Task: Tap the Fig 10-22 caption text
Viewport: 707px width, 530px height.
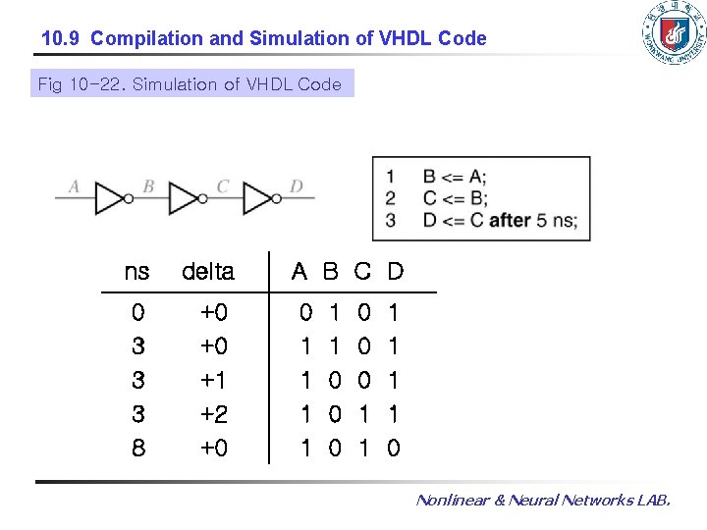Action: click(x=190, y=84)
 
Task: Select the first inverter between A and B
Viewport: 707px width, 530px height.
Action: click(x=111, y=198)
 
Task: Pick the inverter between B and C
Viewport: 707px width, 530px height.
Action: click(x=186, y=198)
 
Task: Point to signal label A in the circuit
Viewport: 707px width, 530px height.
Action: click(x=74, y=185)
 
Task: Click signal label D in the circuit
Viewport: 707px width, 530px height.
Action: click(x=297, y=185)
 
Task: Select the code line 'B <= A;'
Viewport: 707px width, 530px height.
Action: click(x=455, y=177)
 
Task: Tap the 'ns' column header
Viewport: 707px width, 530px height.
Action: click(x=137, y=271)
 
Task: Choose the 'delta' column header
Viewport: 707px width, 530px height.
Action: click(x=208, y=271)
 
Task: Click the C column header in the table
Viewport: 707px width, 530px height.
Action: click(x=363, y=271)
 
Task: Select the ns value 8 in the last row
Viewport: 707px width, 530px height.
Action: click(x=137, y=449)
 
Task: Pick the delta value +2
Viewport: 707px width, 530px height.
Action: click(x=214, y=414)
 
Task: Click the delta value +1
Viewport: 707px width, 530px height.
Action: click(x=214, y=381)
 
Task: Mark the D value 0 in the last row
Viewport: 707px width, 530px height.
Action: click(x=394, y=449)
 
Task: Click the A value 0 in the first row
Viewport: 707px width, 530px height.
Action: click(x=306, y=313)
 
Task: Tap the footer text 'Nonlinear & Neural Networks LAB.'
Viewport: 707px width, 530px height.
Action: click(x=543, y=501)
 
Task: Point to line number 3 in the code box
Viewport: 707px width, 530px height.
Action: click(x=390, y=220)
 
